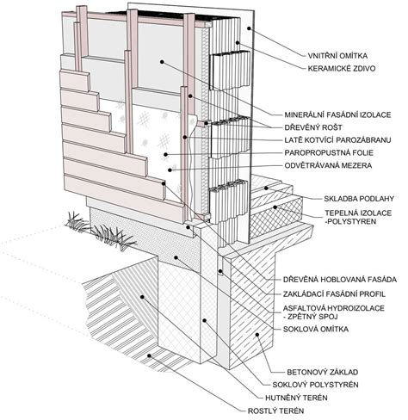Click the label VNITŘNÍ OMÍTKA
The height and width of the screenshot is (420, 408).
point(337,55)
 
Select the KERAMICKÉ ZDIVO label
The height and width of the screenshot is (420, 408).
point(342,68)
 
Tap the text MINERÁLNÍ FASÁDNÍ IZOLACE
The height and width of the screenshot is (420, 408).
point(337,114)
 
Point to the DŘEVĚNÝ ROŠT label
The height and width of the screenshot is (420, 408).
point(313,127)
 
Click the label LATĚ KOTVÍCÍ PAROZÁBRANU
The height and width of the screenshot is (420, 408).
point(337,140)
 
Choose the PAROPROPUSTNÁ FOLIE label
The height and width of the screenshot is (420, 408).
point(329,152)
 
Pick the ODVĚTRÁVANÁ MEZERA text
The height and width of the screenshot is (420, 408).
point(328,165)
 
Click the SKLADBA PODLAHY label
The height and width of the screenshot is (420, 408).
point(359,199)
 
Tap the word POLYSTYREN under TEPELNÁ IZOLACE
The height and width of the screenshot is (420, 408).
point(352,221)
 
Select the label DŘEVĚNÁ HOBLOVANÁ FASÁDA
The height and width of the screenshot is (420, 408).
point(340,279)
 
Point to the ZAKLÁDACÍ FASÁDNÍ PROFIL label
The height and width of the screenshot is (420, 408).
point(334,294)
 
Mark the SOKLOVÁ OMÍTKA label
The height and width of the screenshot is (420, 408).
point(316,329)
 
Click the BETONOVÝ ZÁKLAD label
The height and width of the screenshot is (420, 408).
point(323,372)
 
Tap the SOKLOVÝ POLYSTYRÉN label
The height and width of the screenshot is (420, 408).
point(315,385)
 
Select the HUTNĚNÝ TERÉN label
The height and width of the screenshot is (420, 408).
point(296,398)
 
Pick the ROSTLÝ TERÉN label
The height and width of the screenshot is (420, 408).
point(275,411)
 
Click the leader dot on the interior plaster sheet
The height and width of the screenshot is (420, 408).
point(249,28)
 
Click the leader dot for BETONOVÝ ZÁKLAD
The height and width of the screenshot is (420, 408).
point(257,334)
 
